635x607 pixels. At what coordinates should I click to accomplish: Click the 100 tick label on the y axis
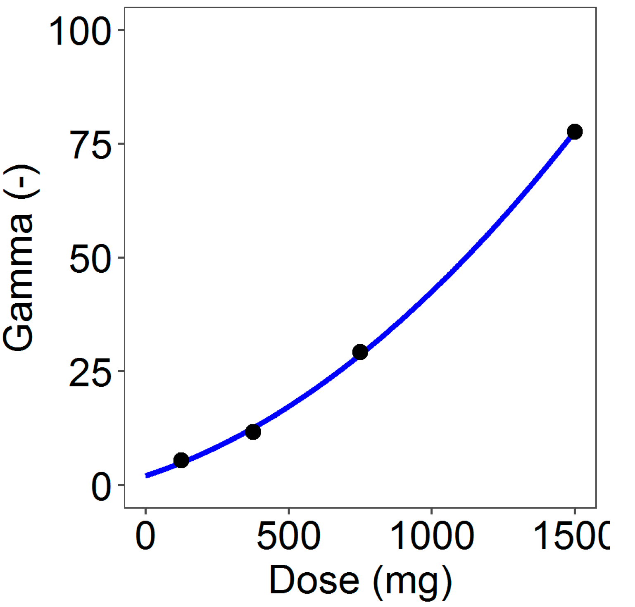pos(80,32)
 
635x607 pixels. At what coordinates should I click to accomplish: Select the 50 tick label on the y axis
pos(90,259)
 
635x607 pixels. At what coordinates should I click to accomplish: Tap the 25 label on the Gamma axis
pos(90,373)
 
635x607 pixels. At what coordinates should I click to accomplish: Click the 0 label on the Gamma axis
pos(101,487)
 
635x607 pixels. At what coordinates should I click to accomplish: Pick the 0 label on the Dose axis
pos(145,536)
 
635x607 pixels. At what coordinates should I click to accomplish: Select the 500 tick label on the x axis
pos(288,536)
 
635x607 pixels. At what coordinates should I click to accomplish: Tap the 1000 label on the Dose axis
pos(431,536)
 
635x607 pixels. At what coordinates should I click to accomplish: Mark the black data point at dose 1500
pos(575,132)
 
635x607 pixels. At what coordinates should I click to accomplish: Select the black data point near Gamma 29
pos(360,352)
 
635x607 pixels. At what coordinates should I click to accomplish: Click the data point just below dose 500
pos(253,432)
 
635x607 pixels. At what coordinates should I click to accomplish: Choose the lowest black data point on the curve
pos(181,460)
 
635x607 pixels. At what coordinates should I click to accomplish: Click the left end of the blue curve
pos(146,475)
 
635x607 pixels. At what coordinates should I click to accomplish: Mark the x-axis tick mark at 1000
pos(431,511)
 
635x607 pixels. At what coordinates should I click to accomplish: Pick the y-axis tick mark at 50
pos(121,257)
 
